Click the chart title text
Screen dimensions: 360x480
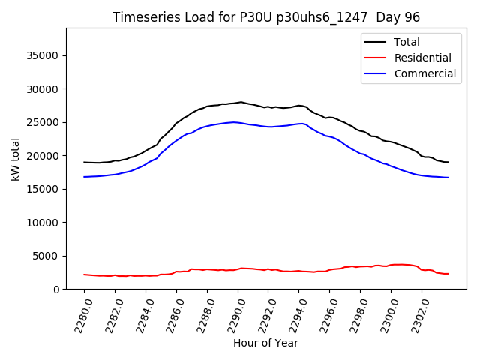tap(266, 17)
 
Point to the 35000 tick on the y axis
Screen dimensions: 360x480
tap(44, 56)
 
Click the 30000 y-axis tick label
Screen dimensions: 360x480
tap(44, 89)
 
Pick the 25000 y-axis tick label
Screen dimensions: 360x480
tap(44, 123)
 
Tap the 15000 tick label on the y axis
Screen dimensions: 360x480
tap(44, 190)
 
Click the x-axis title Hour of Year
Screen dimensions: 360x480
tap(265, 343)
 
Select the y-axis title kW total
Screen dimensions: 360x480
tap(14, 159)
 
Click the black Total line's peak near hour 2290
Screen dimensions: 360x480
tap(240, 102)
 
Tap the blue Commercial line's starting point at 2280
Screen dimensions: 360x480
tap(84, 177)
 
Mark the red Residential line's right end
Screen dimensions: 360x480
tap(448, 274)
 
